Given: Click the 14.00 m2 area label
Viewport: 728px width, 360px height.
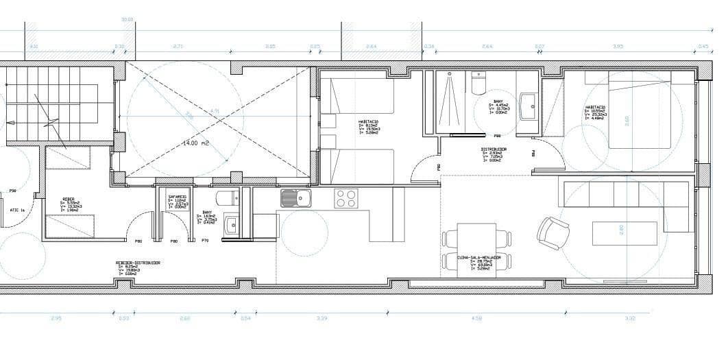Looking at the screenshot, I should coord(197,143).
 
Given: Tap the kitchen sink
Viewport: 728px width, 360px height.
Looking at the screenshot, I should coord(295,198).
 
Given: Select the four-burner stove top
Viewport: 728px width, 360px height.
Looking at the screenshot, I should coord(345,198).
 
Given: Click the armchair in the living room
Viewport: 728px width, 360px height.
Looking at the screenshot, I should coord(553,232).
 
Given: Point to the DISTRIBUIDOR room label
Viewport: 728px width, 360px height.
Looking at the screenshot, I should coord(493,149).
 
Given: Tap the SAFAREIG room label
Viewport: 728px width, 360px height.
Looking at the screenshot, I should coord(178,197).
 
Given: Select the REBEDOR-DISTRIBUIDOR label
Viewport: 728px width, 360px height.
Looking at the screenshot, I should coord(137,263).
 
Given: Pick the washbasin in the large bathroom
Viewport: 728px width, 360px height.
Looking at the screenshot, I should coord(529,106).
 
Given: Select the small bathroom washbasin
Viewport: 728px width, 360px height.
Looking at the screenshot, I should coord(232,224).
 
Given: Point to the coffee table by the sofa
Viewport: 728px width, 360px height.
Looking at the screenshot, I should coord(624,233).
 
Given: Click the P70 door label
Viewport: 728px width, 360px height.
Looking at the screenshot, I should coord(205,241).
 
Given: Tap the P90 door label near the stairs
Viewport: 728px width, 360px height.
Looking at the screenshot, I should coord(12,191).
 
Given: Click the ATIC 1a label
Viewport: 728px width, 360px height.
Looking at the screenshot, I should coord(17,211).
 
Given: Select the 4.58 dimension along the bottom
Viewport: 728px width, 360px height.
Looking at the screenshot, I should coord(477,318).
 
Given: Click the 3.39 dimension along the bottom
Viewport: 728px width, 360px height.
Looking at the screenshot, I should coord(321,318).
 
